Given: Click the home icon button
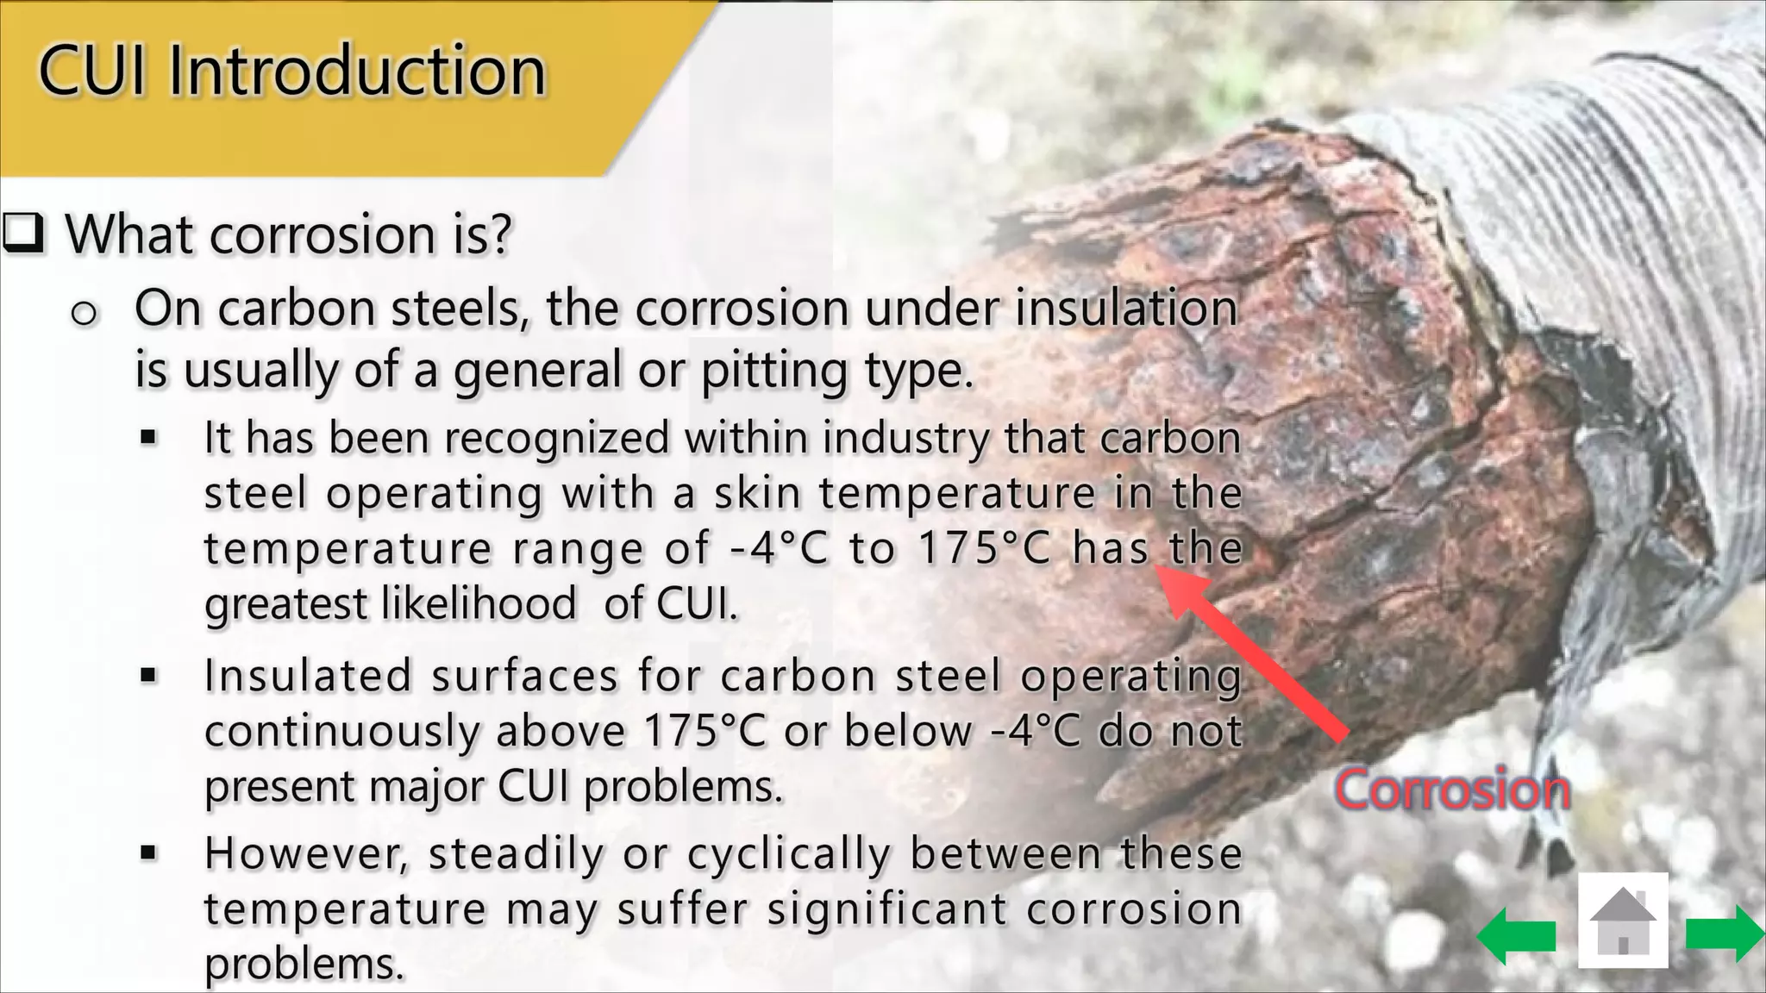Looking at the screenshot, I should pos(1623,921).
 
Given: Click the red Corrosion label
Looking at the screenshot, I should pos(1452,789).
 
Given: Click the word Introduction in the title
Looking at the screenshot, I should pos(357,71).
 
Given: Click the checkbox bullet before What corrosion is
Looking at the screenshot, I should pos(23,234).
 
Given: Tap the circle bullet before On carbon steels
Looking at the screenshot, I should pos(84,314).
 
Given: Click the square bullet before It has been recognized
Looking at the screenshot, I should pos(148,438).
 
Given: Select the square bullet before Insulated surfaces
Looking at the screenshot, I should pos(148,675).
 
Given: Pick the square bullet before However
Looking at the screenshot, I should pos(148,853).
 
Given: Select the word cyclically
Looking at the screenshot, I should pos(789,853).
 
